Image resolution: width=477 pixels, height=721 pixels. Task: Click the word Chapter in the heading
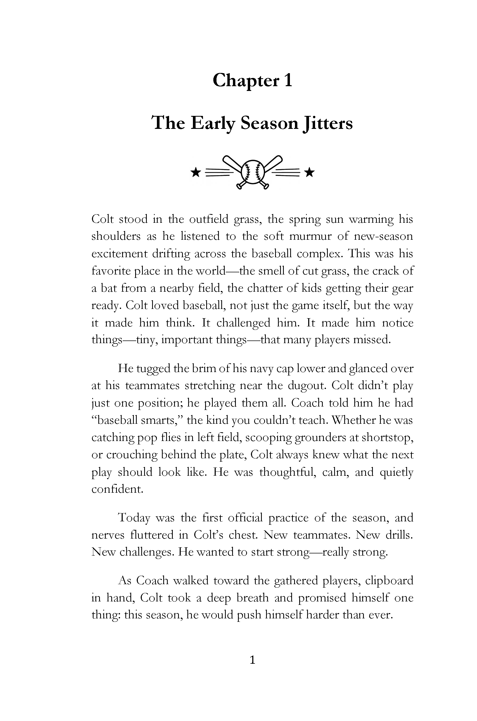246,81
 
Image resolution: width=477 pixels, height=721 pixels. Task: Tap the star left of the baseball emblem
196,173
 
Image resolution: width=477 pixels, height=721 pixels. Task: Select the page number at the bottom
252,660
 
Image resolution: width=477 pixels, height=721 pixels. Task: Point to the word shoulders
116,236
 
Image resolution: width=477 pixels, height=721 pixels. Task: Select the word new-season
384,236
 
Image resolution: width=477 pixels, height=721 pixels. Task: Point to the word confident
117,489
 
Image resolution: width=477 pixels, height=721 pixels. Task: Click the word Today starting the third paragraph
134,518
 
